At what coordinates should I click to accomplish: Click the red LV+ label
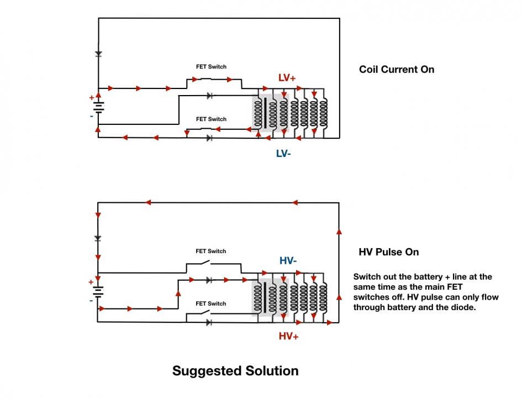pos(287,78)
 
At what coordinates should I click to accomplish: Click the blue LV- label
pos(283,154)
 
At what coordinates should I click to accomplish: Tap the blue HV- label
pos(288,260)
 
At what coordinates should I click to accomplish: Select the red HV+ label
pos(288,336)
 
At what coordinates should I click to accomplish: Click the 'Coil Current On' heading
pos(397,69)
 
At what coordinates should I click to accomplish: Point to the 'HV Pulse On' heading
pos(388,252)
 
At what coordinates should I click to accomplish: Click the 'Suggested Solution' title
pos(235,371)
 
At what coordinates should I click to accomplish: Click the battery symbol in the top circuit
pos(98,107)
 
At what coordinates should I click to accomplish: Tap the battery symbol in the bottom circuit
pos(98,292)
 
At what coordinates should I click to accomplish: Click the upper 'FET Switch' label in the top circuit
pos(211,67)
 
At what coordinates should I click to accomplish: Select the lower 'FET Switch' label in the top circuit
pos(211,119)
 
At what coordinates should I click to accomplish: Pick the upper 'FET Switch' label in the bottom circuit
pos(210,251)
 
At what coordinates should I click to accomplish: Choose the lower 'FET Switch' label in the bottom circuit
pos(210,303)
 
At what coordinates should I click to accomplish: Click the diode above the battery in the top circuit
pos(98,54)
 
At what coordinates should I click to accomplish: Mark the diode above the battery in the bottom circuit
pos(98,238)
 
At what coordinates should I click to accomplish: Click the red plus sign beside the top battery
pos(92,98)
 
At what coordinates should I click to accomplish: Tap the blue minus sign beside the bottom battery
pos(91,300)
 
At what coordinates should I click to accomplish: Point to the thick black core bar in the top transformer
pos(265,113)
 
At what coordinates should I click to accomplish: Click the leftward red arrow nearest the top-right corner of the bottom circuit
pos(294,202)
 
